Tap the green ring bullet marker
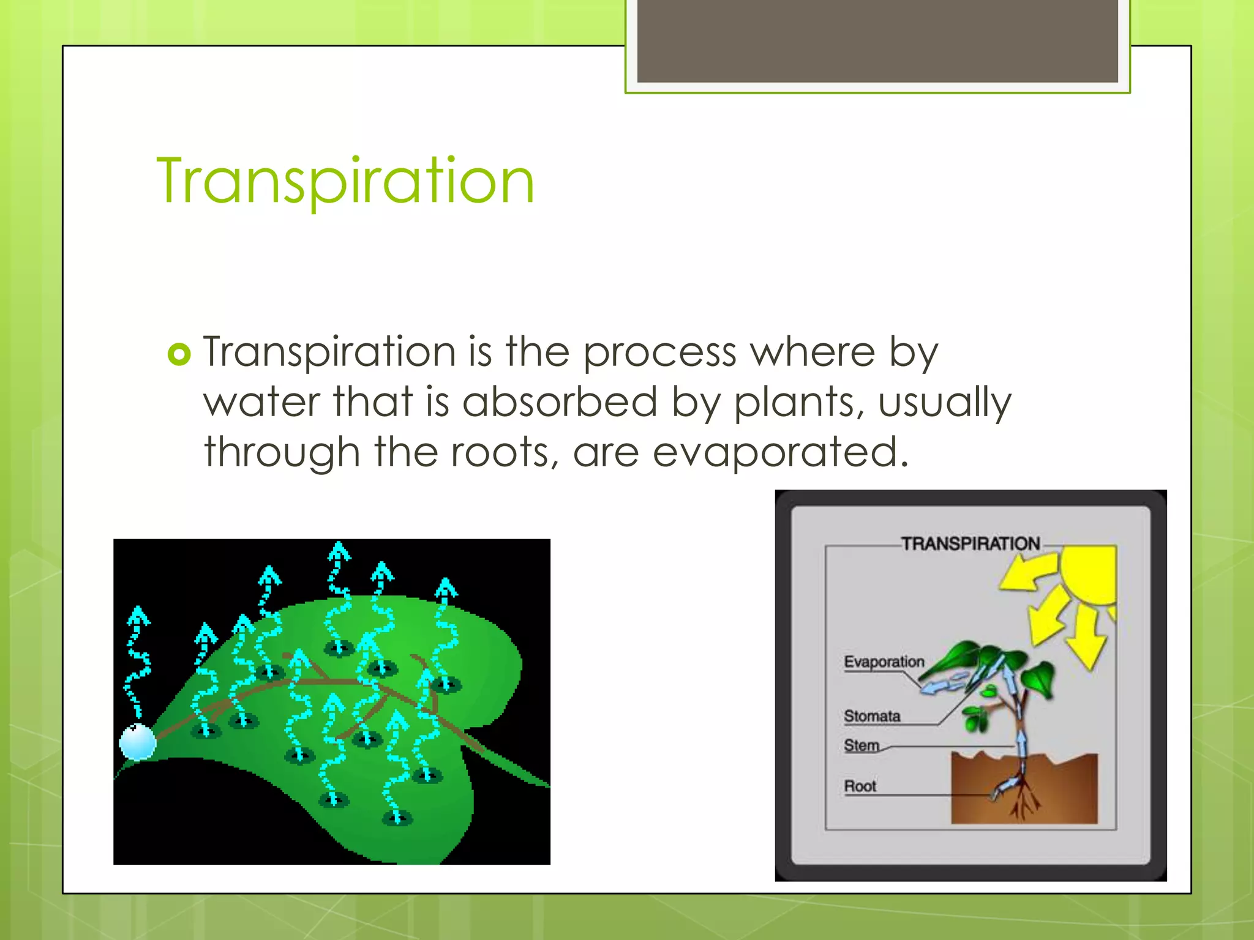coord(179,354)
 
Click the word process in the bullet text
coord(659,353)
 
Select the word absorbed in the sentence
coord(560,402)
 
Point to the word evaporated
coord(780,452)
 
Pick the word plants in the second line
coord(798,403)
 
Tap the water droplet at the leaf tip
coord(138,742)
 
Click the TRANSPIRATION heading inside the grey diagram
coord(970,543)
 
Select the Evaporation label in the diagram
coord(884,662)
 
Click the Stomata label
coord(871,715)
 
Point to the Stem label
coord(861,745)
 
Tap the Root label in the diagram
coord(860,786)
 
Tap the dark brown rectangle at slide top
coord(877,40)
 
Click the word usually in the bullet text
coord(944,403)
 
